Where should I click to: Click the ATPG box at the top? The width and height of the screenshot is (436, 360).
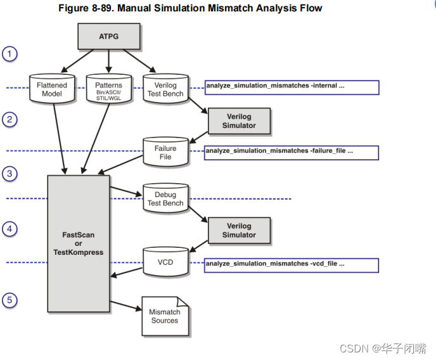108,36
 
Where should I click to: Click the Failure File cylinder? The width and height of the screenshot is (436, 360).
165,152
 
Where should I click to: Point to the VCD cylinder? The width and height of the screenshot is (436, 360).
165,261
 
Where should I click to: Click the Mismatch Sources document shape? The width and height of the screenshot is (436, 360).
165,316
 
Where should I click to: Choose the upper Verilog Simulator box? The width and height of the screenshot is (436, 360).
239,120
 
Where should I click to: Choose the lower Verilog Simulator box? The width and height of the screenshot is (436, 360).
239,230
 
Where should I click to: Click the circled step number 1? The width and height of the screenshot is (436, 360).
10,54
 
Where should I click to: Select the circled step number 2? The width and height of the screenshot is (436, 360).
10,119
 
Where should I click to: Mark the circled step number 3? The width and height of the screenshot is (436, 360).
10,173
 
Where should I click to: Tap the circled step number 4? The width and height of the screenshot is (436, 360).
10,229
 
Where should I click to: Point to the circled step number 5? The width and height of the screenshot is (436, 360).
10,300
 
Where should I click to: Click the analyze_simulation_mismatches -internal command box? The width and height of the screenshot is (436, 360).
291,87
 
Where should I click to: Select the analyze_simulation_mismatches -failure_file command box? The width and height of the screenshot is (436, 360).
291,152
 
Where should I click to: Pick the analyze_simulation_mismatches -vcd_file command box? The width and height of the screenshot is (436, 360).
291,264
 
